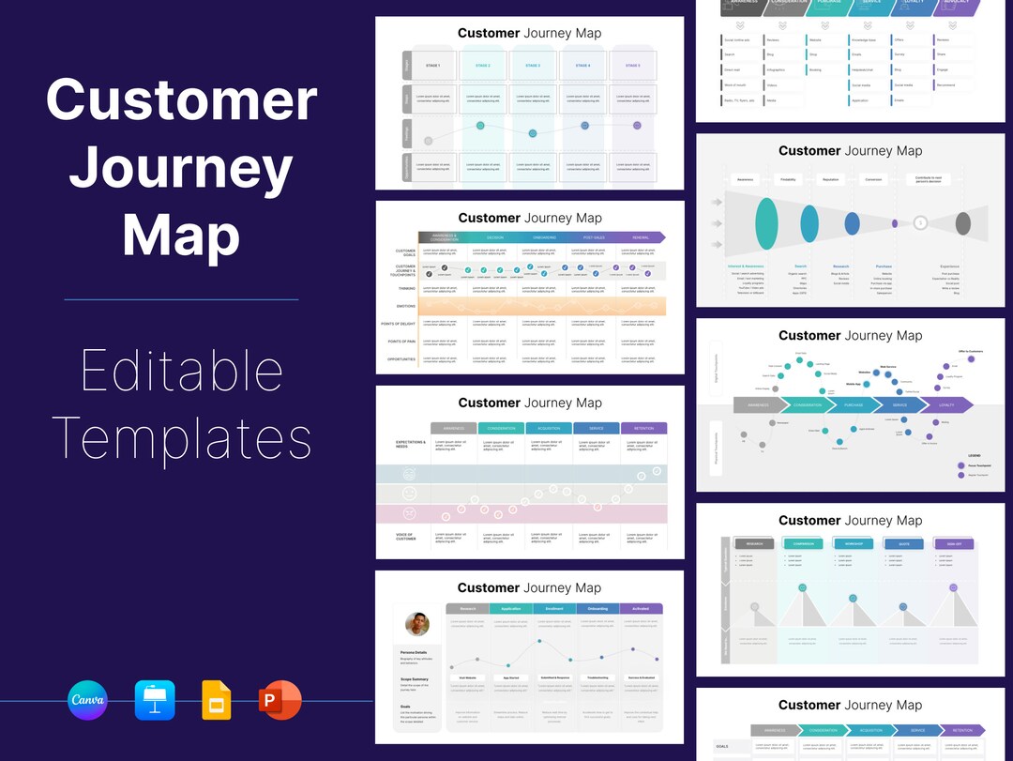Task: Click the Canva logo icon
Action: coord(88,700)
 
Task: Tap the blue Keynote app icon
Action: coord(154,700)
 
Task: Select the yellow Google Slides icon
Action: coord(216,700)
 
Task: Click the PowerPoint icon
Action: coord(280,700)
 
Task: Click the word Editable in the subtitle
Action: coord(181,372)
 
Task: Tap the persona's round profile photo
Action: coord(417,624)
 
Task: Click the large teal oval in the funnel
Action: coord(766,223)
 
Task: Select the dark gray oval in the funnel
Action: coord(962,223)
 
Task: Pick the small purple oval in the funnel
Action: coord(895,223)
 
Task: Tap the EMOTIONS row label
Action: coord(405,306)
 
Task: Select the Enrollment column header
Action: coord(554,609)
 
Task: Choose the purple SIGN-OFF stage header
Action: coord(954,543)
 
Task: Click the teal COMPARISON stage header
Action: coord(803,543)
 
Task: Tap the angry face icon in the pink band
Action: coord(409,513)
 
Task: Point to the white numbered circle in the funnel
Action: coord(921,223)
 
